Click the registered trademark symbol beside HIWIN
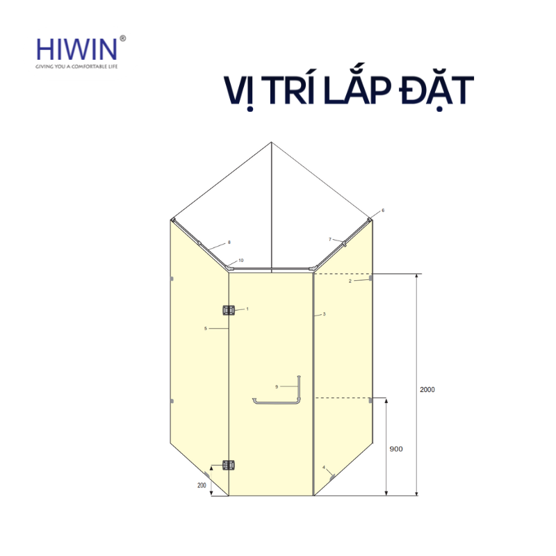123,39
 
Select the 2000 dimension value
427,390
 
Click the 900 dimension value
396,449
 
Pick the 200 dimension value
202,484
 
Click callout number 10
240,261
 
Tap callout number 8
229,243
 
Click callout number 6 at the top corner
382,210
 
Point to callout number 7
330,239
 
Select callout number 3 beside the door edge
325,315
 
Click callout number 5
206,328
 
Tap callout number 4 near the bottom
324,467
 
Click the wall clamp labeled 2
372,278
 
